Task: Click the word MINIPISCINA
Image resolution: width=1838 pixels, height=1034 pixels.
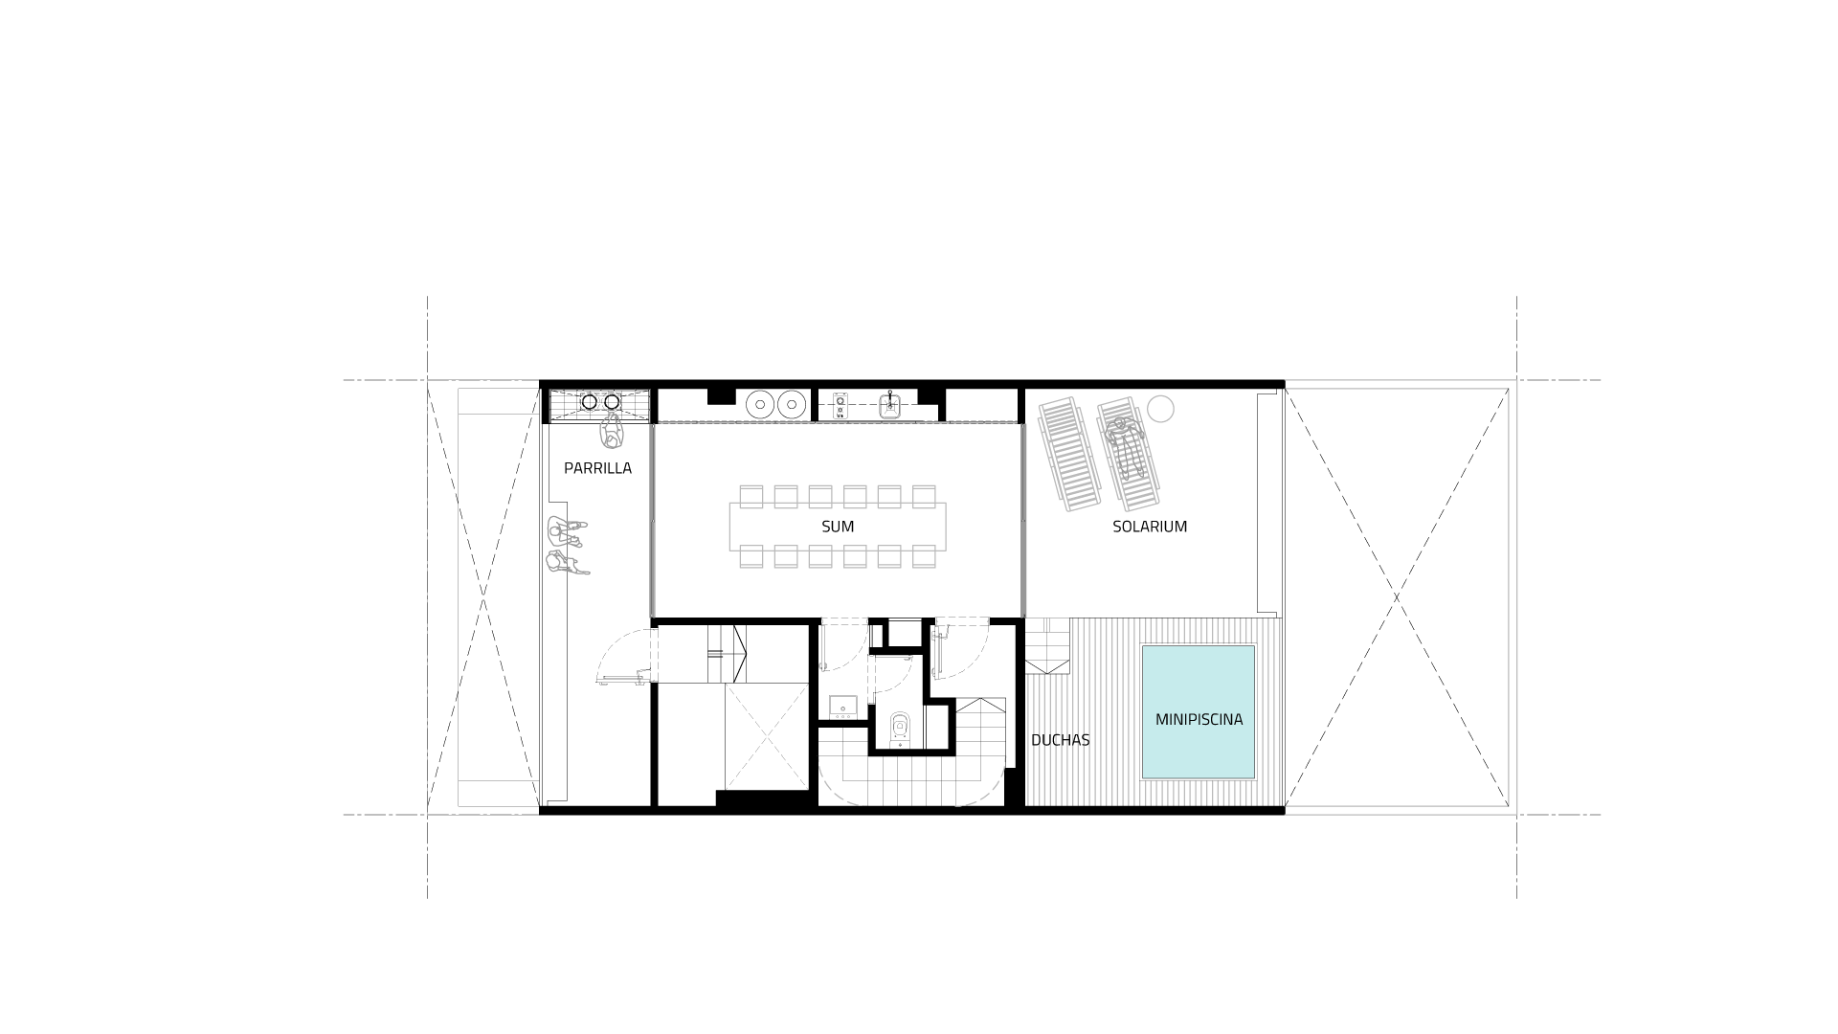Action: [1199, 719]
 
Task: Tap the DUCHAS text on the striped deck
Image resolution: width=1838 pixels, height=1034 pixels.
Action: [1061, 740]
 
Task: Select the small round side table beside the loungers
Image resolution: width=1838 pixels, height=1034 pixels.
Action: [1160, 409]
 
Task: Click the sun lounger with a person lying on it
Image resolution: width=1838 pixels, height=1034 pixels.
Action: [1128, 454]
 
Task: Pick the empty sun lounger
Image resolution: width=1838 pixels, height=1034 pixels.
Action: [1069, 454]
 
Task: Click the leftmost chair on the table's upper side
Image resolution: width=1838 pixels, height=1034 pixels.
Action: [751, 496]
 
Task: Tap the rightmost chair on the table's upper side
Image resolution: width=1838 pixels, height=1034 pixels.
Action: [924, 496]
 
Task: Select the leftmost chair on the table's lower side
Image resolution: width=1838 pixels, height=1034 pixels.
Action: [751, 556]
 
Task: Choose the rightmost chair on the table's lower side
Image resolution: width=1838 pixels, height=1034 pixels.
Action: [924, 556]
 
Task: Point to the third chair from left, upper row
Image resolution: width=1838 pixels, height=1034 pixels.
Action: [820, 496]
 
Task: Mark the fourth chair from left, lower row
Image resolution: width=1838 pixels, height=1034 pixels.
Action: [855, 556]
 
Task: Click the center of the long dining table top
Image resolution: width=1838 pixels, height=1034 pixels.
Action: [838, 527]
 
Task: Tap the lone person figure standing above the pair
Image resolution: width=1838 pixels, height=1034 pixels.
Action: [611, 431]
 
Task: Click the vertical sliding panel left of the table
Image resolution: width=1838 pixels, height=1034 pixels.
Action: [652, 520]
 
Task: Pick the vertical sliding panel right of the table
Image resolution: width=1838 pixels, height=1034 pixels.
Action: [1023, 520]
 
